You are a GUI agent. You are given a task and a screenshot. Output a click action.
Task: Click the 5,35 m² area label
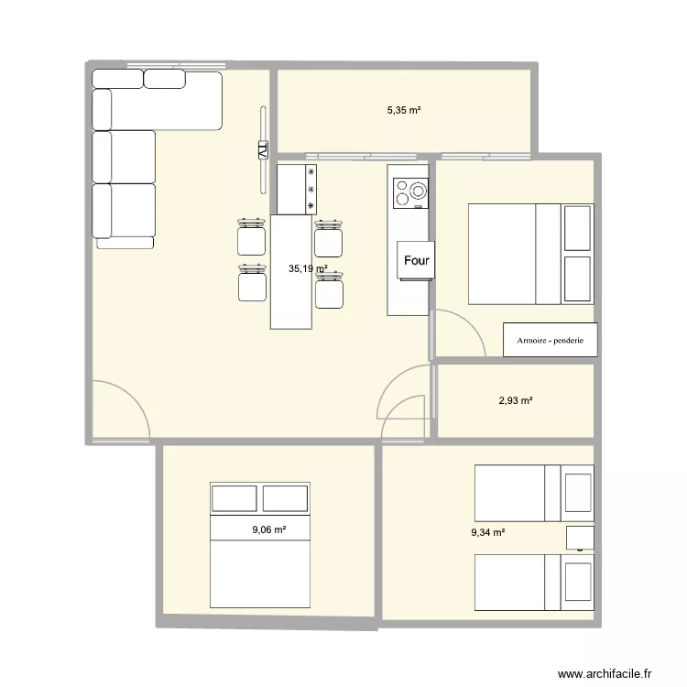(403, 110)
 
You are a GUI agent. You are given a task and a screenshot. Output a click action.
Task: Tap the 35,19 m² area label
(307, 269)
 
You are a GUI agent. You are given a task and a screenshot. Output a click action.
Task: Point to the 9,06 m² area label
(269, 529)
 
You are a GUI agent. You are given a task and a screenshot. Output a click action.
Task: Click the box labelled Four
(417, 260)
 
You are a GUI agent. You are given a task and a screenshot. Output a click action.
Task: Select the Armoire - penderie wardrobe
(550, 340)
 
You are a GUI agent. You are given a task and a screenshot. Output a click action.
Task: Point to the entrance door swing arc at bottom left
(124, 410)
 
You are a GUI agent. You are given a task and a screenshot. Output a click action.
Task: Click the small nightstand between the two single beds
(580, 538)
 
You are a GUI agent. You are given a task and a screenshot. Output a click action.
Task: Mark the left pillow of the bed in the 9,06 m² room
(234, 498)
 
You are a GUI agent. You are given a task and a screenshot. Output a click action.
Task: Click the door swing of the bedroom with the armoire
(457, 333)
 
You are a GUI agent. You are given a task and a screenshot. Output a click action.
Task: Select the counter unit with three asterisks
(297, 189)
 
